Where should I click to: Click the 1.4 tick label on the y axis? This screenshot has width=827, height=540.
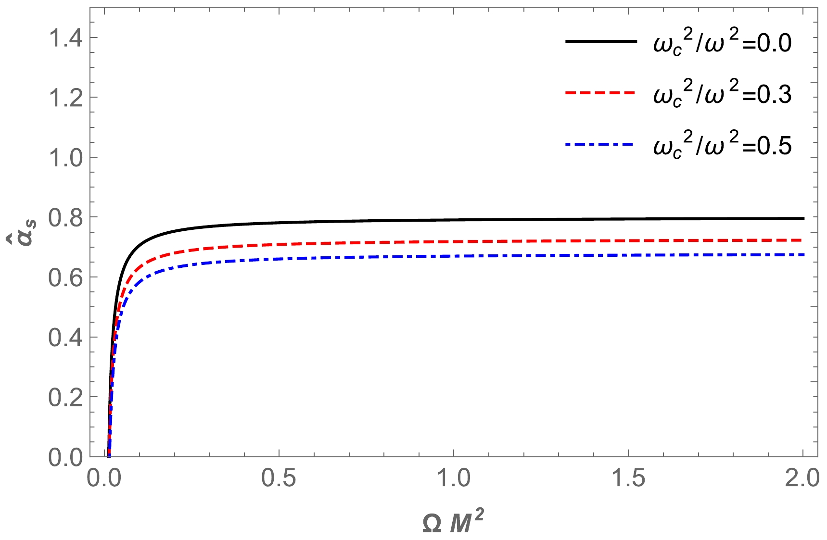click(64, 38)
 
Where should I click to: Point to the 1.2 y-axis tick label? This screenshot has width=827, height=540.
click(64, 98)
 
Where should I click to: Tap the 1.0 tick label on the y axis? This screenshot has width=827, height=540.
click(64, 157)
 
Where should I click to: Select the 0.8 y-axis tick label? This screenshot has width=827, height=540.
click(64, 217)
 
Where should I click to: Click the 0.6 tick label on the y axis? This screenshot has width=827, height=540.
click(64, 277)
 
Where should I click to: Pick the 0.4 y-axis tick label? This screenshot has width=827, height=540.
click(64, 337)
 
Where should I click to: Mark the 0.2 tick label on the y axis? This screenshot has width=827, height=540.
click(64, 397)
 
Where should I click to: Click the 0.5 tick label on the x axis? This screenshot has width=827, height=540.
click(279, 479)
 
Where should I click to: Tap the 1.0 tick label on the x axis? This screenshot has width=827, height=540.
click(454, 479)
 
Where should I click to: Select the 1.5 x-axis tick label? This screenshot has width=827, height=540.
click(628, 479)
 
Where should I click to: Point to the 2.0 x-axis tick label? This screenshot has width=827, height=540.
click(802, 479)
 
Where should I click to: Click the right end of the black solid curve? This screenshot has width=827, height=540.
click(803, 218)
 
